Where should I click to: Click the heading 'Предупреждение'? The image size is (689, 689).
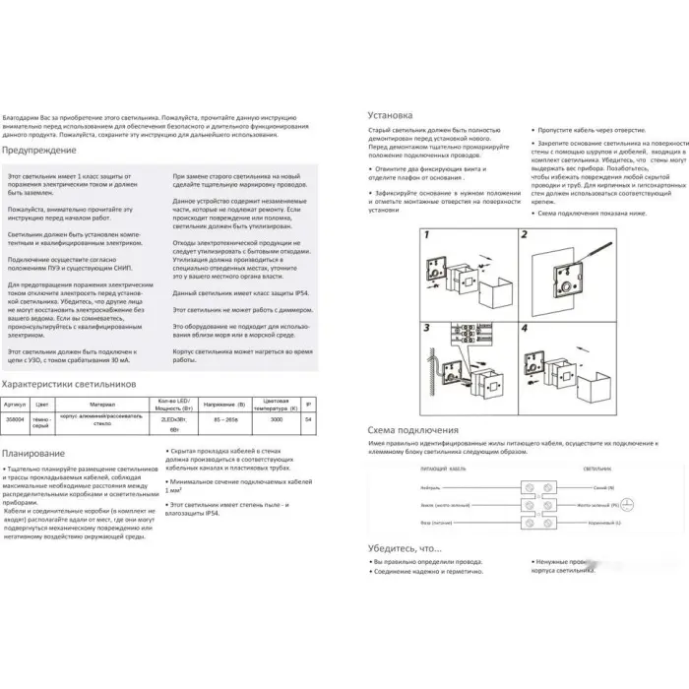(39, 151)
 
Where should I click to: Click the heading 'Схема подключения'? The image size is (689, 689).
(413, 430)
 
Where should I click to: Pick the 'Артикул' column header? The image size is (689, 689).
(15, 403)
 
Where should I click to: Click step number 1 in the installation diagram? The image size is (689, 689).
(426, 236)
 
